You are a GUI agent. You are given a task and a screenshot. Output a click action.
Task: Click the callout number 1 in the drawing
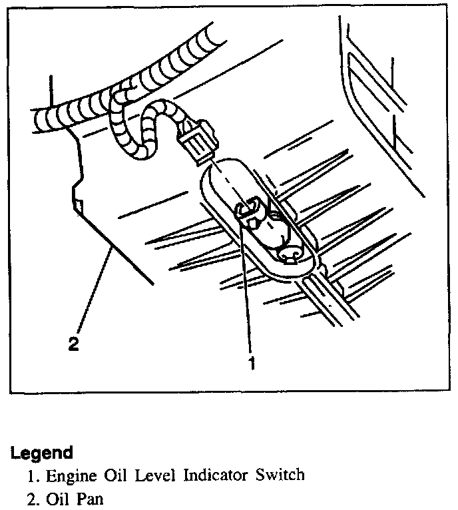click(x=252, y=364)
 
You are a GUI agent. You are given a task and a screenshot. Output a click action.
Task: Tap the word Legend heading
click(x=41, y=453)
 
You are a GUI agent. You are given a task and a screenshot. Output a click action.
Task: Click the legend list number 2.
click(x=31, y=497)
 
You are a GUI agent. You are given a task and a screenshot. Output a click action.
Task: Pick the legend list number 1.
click(x=31, y=475)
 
